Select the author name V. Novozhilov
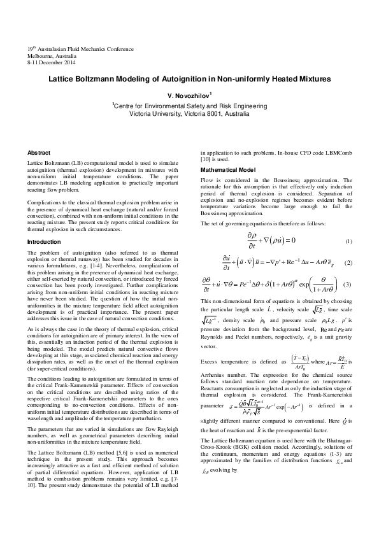pyautogui.click(x=189, y=95)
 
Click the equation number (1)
pyautogui.click(x=348, y=242)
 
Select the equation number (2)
pyautogui.click(x=348, y=263)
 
